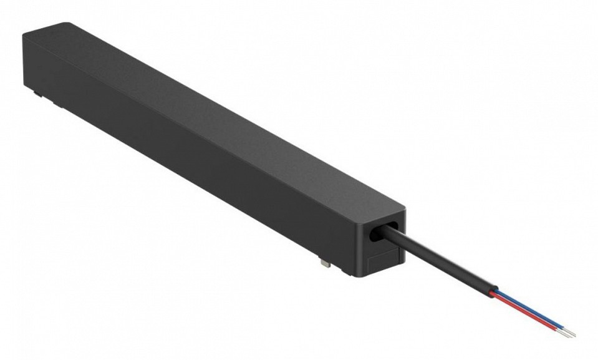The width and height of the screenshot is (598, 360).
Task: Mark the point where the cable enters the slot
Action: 390,232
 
